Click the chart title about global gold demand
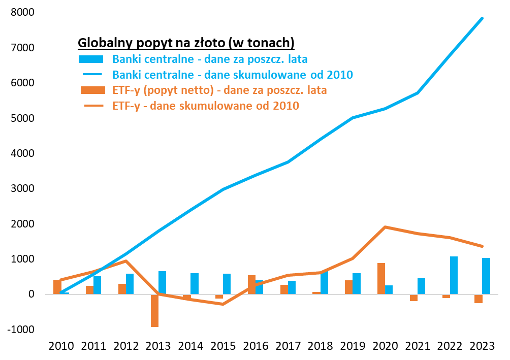pyautogui.click(x=186, y=42)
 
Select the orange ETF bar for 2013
pyautogui.click(x=154, y=310)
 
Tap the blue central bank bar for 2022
pyautogui.click(x=454, y=275)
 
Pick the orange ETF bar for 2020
pyautogui.click(x=381, y=278)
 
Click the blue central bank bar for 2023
pyautogui.click(x=486, y=276)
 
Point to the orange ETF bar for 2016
pyautogui.click(x=251, y=284)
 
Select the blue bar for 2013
pyautogui.click(x=162, y=282)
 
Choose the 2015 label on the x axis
pyautogui.click(x=223, y=346)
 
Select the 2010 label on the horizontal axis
pyautogui.click(x=61, y=346)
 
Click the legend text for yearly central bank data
pyautogui.click(x=210, y=59)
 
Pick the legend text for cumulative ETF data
pyautogui.click(x=206, y=106)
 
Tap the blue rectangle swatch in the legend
pyautogui.click(x=91, y=59)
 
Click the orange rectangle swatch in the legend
pyautogui.click(x=91, y=90)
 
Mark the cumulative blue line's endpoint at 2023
pyautogui.click(x=482, y=19)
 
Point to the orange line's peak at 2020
pyautogui.click(x=385, y=227)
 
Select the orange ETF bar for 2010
pyautogui.click(x=57, y=287)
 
